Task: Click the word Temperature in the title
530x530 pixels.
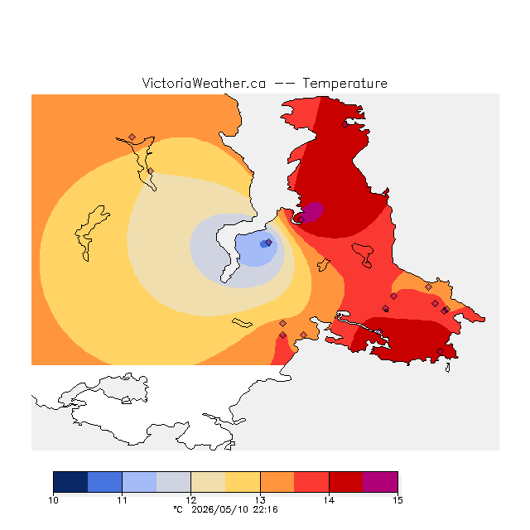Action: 344,84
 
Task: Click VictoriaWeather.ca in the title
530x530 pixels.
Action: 204,84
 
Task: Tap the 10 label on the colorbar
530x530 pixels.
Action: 53,500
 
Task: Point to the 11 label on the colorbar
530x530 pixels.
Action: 122,500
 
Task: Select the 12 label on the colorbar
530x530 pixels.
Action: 191,500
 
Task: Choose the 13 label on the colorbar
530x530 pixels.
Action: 260,500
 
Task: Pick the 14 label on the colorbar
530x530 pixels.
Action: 329,500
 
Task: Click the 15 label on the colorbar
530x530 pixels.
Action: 397,500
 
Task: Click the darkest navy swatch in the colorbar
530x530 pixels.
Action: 70,482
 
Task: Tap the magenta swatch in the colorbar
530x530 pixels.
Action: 380,482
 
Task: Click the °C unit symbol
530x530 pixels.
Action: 178,510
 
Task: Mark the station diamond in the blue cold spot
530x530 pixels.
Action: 268,243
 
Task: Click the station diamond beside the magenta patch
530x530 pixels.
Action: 301,219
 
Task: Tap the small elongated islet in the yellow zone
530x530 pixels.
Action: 242,323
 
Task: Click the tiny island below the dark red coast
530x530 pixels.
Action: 448,368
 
